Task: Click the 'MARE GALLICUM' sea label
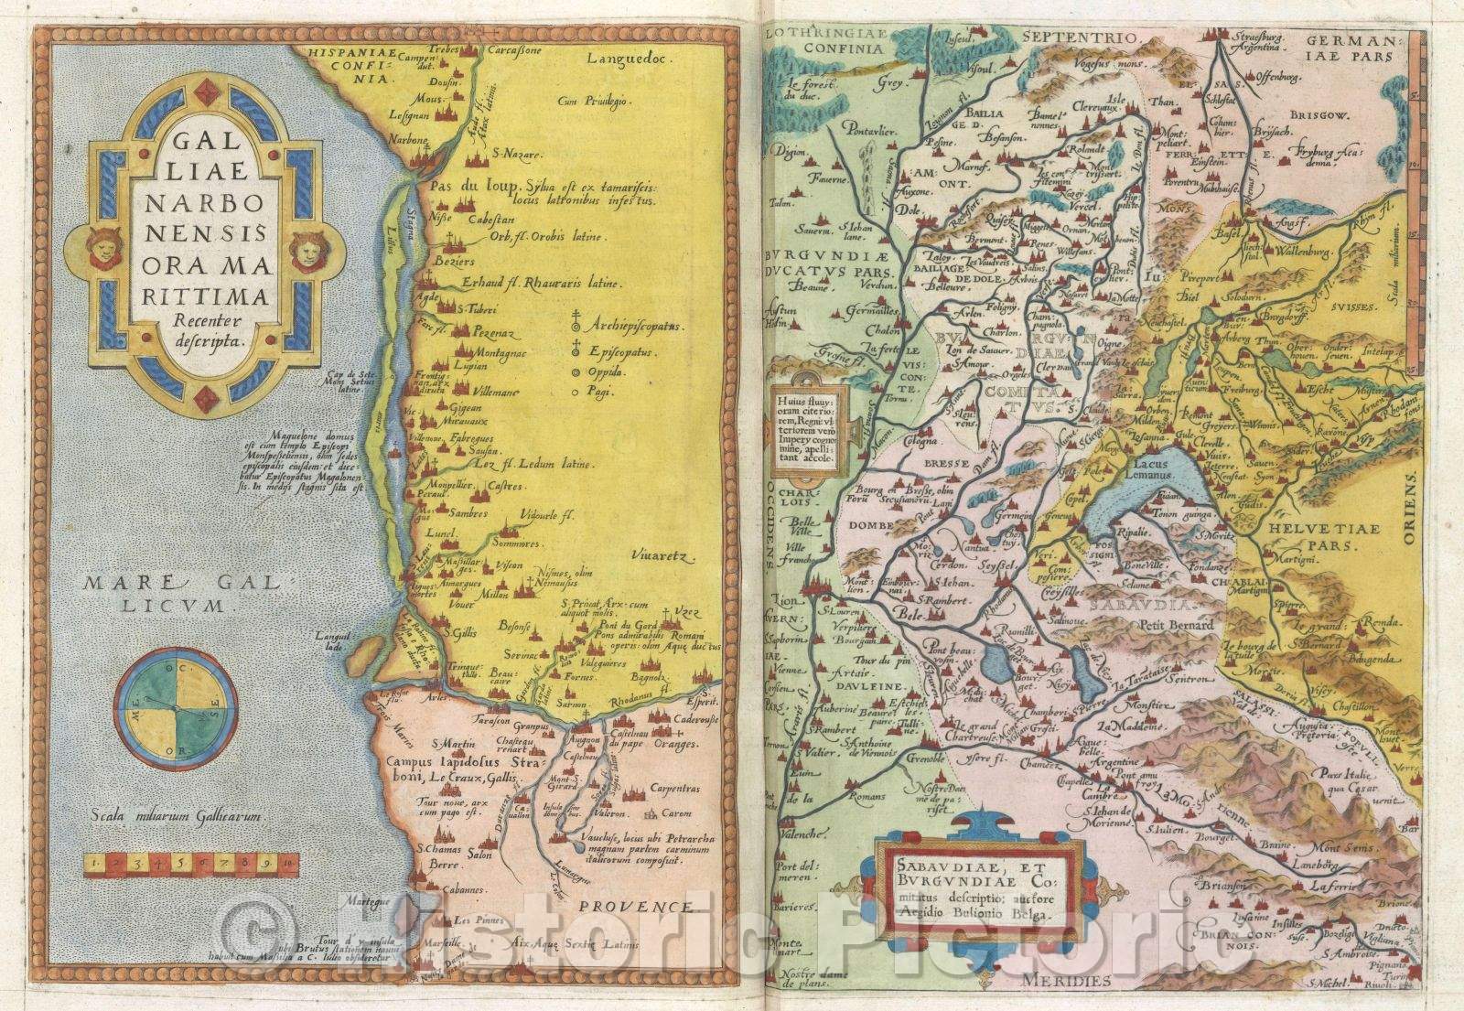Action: coord(161,592)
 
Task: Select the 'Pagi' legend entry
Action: coord(602,392)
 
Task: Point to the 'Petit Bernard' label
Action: coord(1176,625)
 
